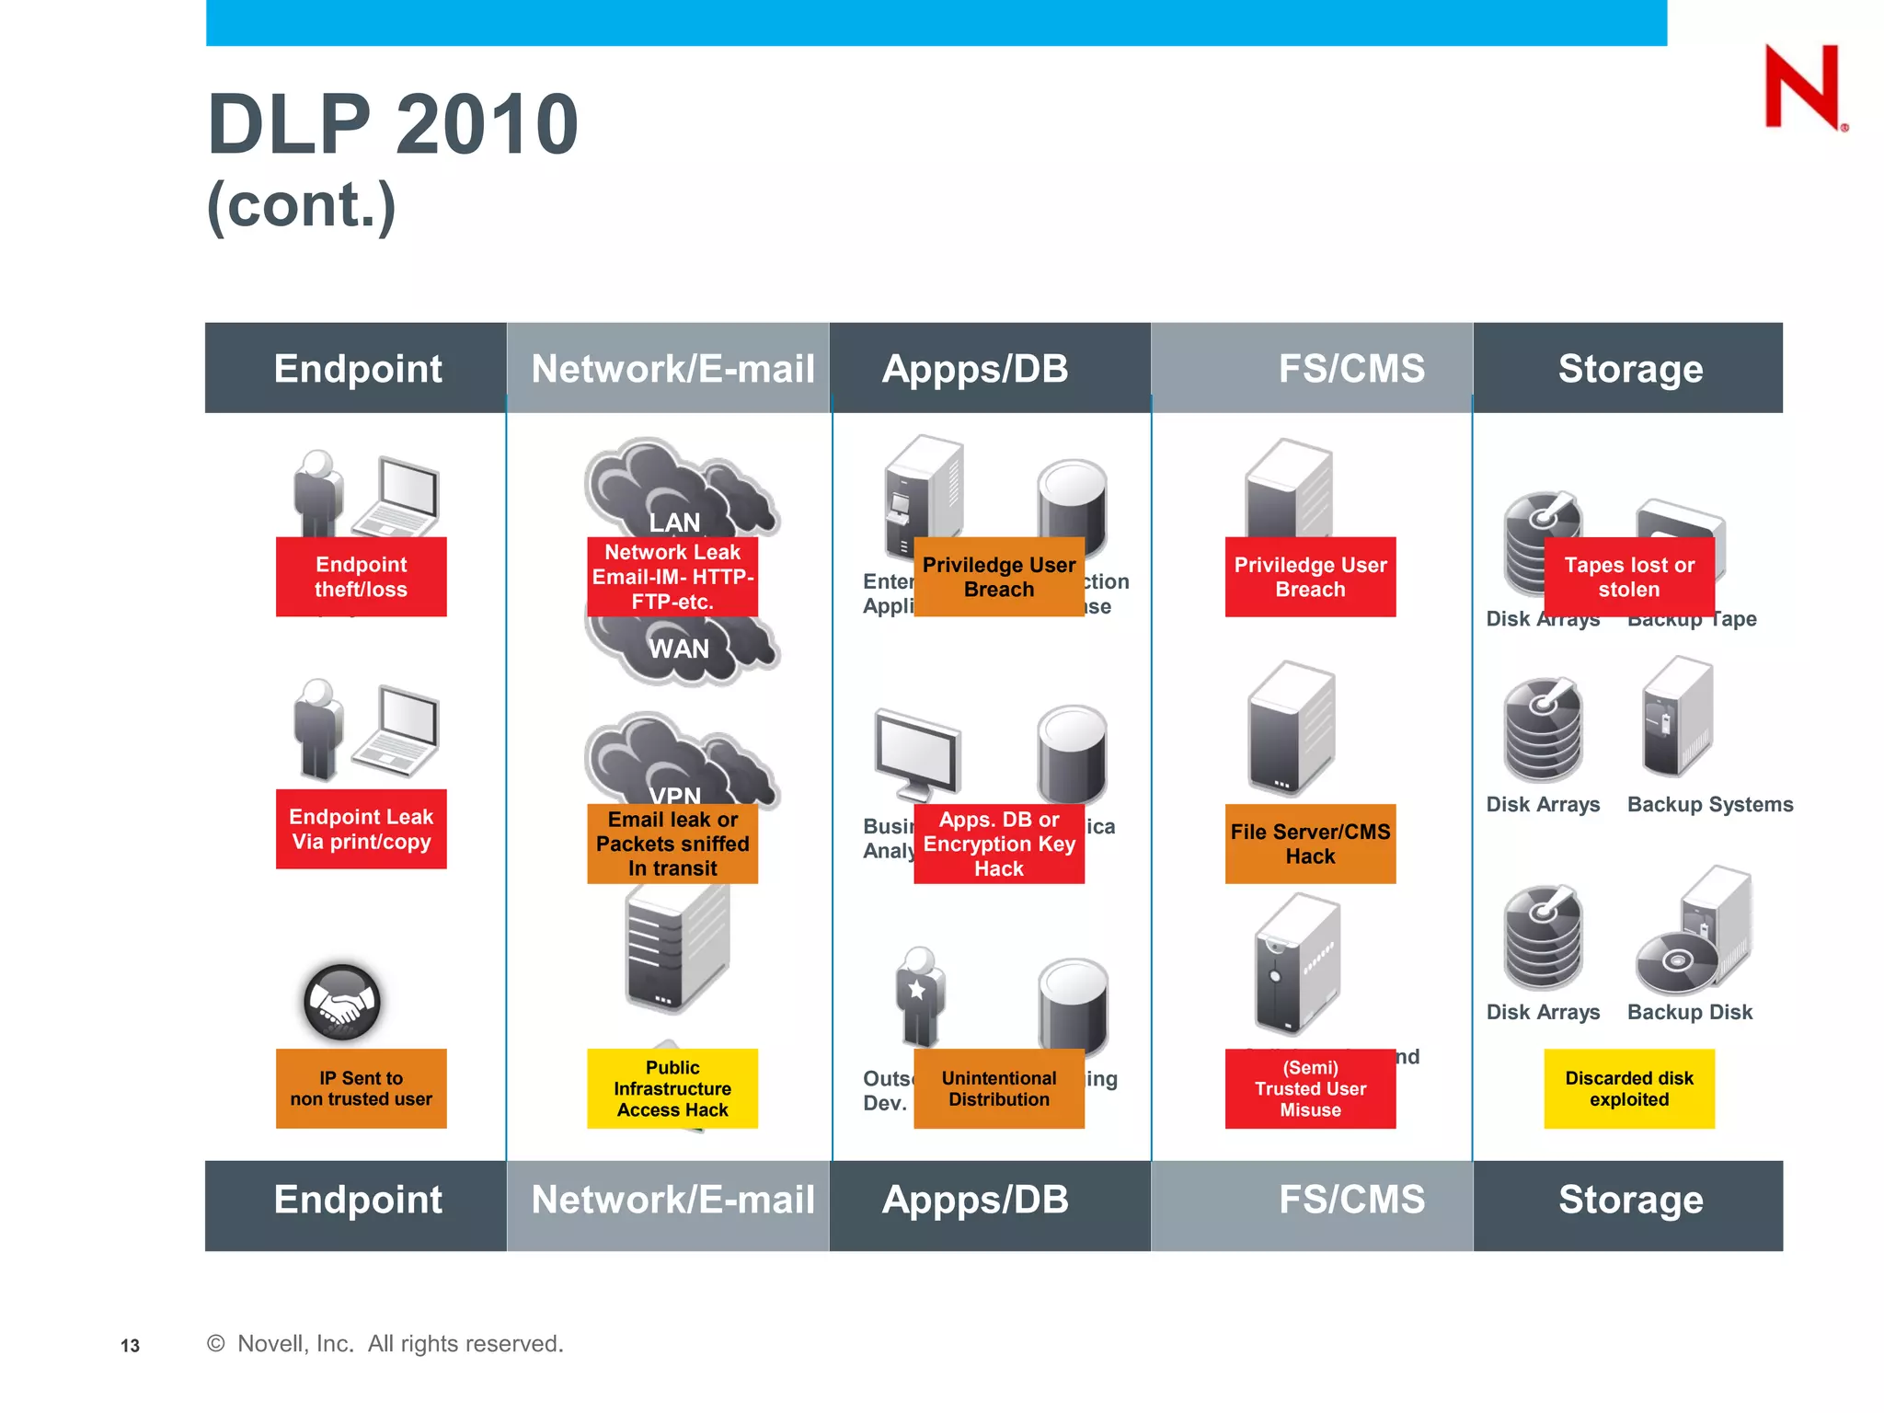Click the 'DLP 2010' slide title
(393, 124)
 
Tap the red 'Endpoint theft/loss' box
(361, 577)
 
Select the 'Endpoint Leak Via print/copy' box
(361, 829)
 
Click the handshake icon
(341, 1002)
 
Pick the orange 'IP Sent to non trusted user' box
(361, 1088)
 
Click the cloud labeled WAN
(679, 649)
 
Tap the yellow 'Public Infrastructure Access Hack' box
(672, 1088)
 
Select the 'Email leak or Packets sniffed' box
(672, 844)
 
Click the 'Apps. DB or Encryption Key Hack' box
(998, 844)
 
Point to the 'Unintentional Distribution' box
(998, 1088)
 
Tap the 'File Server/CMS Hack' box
(1310, 844)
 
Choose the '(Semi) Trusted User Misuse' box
(1310, 1088)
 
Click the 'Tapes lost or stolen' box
(1628, 577)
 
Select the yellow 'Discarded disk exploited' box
(1628, 1088)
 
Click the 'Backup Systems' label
(1709, 804)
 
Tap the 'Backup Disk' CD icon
(1676, 962)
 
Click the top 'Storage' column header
(1629, 368)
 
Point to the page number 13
(130, 1346)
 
